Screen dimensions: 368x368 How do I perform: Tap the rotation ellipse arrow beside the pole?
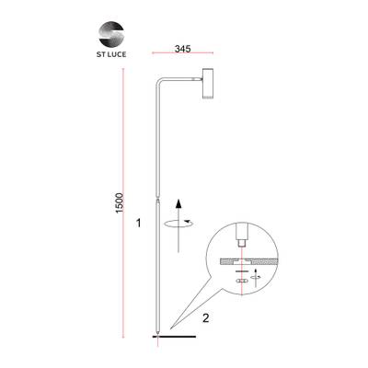178,222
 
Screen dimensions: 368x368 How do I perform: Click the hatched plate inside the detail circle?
241,260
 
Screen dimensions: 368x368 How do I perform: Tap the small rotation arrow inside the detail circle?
257,275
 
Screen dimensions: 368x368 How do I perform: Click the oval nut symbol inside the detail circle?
241,282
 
